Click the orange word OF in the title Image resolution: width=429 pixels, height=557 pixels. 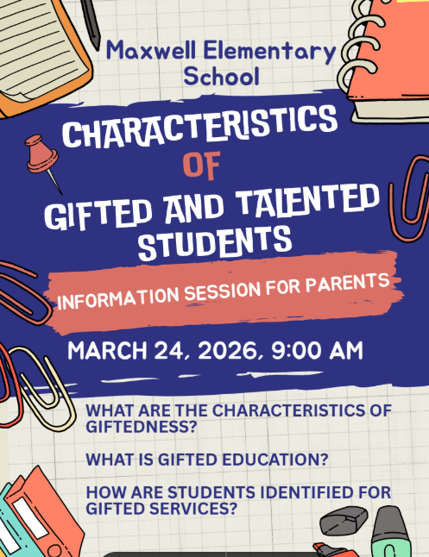[204, 164]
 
